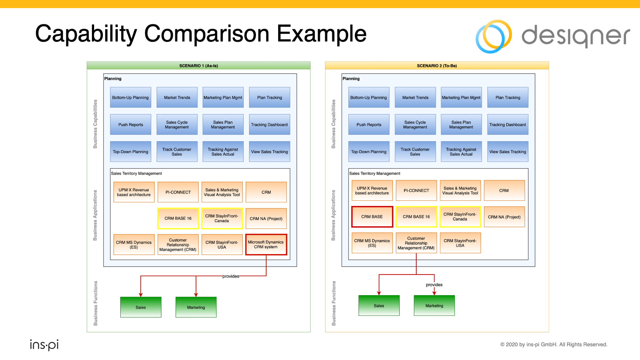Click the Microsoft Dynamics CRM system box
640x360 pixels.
(266, 244)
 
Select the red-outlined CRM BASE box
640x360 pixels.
(372, 217)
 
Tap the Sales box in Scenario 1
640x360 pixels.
(141, 307)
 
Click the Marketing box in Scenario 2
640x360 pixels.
(434, 306)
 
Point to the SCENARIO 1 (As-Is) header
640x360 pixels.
(198, 66)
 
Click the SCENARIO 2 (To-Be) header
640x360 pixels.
(437, 66)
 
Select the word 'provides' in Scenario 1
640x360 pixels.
(231, 276)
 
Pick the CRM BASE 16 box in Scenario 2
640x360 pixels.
(416, 217)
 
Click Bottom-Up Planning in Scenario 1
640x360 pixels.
(130, 97)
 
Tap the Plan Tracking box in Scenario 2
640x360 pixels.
(507, 97)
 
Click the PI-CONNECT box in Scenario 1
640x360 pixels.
(178, 192)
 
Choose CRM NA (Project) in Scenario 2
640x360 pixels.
(504, 217)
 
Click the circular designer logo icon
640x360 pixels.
(493, 36)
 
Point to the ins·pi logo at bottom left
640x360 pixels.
(44, 345)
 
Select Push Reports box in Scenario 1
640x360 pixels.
(130, 125)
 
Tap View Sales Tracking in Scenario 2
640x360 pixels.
(507, 152)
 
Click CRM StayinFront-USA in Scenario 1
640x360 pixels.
(222, 245)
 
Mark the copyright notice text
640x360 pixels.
(553, 344)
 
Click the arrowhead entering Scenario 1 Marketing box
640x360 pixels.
(196, 294)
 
